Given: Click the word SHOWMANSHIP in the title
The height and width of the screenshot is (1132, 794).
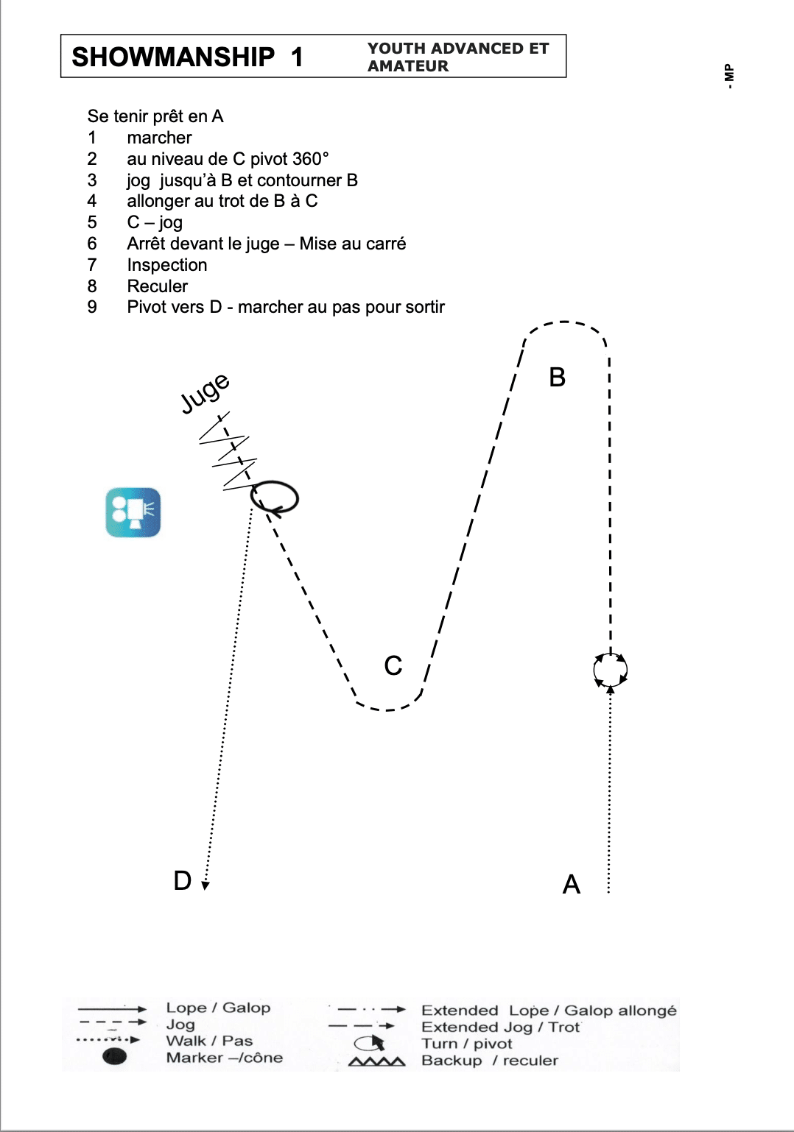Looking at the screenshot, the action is click(x=173, y=57).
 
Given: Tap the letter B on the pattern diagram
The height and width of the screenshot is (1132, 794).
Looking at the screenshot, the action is click(x=557, y=377).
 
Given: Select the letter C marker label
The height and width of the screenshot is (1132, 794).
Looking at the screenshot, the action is click(x=393, y=665).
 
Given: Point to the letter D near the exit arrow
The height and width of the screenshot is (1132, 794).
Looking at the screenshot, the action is click(x=182, y=880).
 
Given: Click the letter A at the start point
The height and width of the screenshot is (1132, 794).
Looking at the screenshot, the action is click(x=572, y=885).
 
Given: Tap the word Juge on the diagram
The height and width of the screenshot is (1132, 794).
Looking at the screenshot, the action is click(x=205, y=394).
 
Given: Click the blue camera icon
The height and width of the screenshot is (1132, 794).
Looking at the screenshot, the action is click(x=133, y=512).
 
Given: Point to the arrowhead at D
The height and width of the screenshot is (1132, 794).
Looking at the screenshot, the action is click(x=205, y=885).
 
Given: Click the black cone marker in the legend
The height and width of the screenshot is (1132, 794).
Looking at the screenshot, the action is click(x=115, y=1056).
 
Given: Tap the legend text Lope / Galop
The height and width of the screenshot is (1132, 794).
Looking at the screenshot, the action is click(x=218, y=1008).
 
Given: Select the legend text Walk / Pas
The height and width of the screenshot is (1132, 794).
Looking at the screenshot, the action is click(x=209, y=1041).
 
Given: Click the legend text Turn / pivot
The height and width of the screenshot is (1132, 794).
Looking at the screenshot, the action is click(x=466, y=1044).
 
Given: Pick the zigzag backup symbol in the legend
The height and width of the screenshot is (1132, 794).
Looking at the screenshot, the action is click(x=377, y=1061).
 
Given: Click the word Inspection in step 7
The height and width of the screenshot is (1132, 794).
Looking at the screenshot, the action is click(x=167, y=265).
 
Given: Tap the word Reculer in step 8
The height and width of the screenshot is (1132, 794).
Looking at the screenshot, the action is click(x=158, y=286).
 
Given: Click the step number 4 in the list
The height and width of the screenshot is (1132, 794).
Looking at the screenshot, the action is click(x=91, y=201).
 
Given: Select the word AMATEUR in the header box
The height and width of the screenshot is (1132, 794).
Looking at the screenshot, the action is click(x=407, y=66).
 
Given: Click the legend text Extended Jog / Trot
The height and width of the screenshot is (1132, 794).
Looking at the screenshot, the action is click(x=501, y=1027).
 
